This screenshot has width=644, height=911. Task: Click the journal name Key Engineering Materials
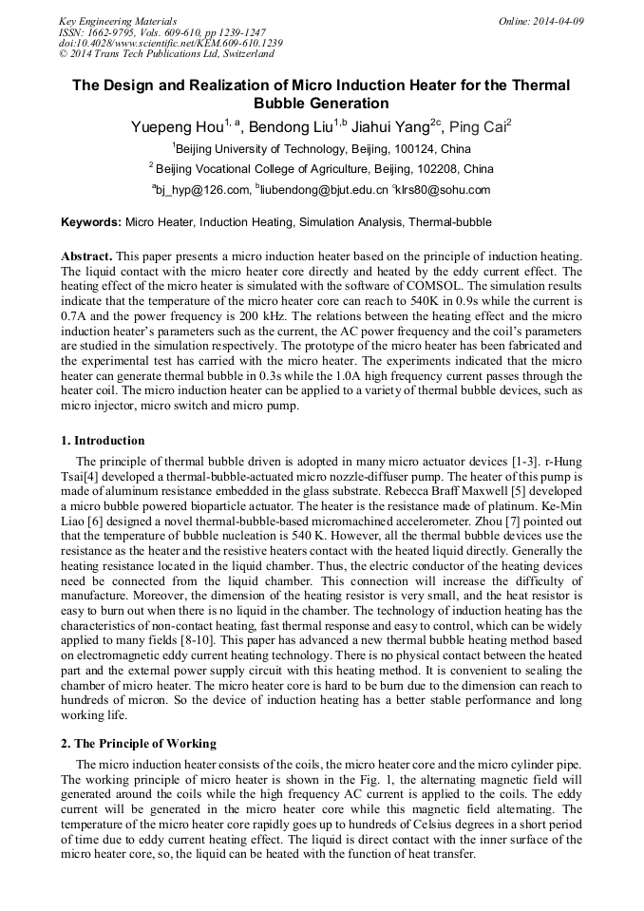click(x=118, y=21)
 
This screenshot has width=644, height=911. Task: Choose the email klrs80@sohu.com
click(x=446, y=190)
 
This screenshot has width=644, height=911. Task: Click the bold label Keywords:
click(x=91, y=223)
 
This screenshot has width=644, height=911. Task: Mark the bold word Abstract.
click(x=86, y=257)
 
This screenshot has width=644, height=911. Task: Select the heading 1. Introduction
click(x=103, y=441)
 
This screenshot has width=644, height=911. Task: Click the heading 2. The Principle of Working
click(x=139, y=743)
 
